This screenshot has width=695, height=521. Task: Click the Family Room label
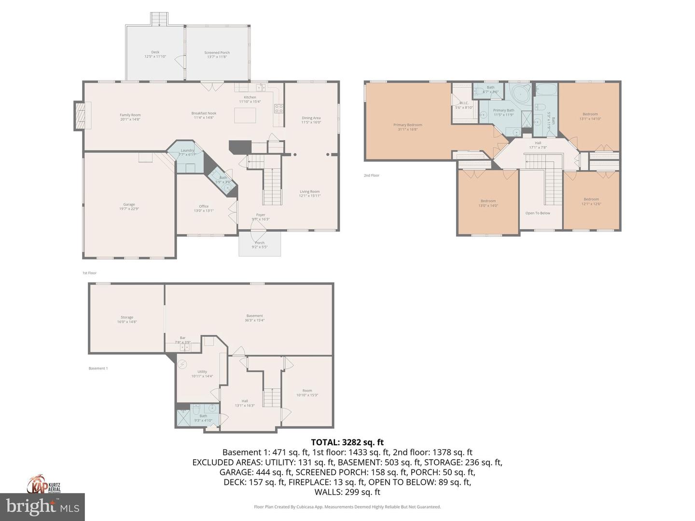[130, 117]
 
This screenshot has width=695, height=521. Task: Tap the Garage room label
[129, 206]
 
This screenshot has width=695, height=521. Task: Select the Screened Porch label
[217, 55]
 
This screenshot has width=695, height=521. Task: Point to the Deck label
[155, 54]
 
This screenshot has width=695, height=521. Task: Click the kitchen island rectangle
[245, 116]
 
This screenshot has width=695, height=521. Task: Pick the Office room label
[204, 208]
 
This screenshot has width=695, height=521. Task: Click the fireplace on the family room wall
[79, 115]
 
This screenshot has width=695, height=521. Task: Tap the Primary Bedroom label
[408, 127]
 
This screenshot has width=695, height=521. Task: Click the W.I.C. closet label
[464, 105]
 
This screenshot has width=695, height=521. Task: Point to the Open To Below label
[538, 213]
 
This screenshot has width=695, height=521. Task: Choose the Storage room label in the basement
[127, 319]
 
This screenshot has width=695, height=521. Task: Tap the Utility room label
[202, 374]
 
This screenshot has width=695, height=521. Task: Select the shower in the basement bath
[184, 418]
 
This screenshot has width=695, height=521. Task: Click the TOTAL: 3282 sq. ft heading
[347, 442]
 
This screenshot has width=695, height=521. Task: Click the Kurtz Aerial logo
[43, 484]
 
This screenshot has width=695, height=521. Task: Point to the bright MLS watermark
[42, 507]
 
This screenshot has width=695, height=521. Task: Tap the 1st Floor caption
[89, 273]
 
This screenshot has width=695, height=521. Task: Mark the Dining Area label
[311, 120]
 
